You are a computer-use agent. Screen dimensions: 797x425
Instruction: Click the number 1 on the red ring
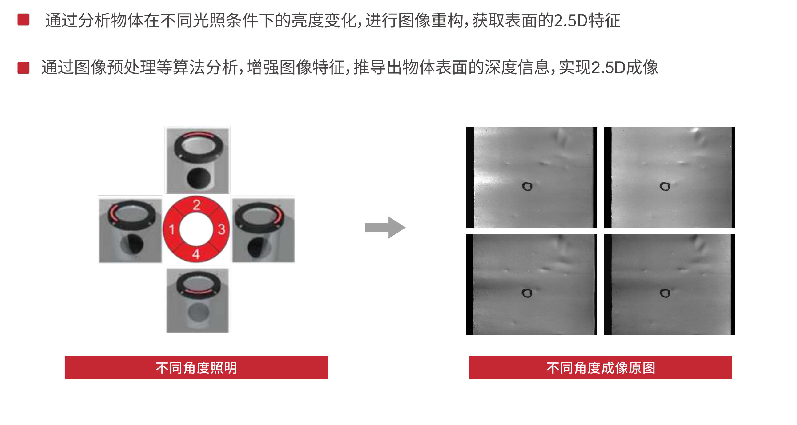tap(172, 229)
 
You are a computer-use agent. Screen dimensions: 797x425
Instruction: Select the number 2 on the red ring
tap(196, 205)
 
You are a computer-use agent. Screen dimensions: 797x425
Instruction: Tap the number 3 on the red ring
tap(221, 229)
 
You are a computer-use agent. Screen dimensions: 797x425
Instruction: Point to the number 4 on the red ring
tap(196, 254)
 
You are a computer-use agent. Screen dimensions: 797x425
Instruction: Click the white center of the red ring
tap(196, 229)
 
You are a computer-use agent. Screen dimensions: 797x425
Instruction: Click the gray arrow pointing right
tap(385, 228)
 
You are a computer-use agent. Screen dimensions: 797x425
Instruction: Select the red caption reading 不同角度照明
tap(196, 368)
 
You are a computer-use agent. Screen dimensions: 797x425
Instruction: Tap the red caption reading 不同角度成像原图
tap(601, 368)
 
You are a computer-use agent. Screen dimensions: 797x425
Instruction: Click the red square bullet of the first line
tap(23, 19)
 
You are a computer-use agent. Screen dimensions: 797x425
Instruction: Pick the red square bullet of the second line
tap(23, 68)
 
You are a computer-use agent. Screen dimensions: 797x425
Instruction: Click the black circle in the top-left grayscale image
tap(527, 186)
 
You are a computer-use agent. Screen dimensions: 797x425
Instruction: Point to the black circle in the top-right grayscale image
tap(665, 186)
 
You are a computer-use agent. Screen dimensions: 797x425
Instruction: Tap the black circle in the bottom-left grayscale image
tap(527, 293)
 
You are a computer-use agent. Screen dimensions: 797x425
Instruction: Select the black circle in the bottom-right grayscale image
tap(665, 293)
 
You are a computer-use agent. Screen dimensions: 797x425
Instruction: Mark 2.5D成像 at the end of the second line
tap(625, 67)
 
